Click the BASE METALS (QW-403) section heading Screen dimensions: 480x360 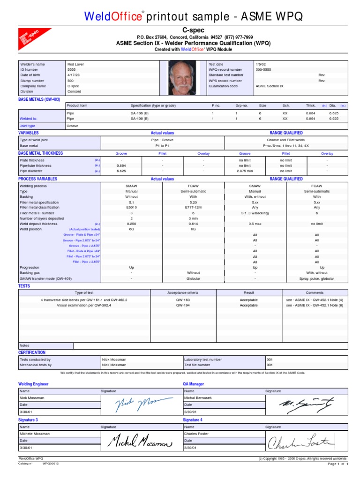(x=39, y=99)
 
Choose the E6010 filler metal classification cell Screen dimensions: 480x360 (x=131, y=207)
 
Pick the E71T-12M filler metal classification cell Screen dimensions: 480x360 (x=193, y=207)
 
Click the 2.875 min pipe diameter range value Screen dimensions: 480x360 (x=245, y=171)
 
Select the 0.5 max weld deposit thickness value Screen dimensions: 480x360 (x=255, y=224)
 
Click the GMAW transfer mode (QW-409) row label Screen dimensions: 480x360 (x=45, y=278)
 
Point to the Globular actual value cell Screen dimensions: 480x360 (x=193, y=278)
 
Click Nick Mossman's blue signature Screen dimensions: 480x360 (x=137, y=404)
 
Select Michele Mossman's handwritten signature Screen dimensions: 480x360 (x=139, y=441)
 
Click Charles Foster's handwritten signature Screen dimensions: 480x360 (x=300, y=441)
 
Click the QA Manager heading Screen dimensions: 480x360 (x=193, y=384)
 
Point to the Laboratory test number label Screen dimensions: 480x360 (x=203, y=360)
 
